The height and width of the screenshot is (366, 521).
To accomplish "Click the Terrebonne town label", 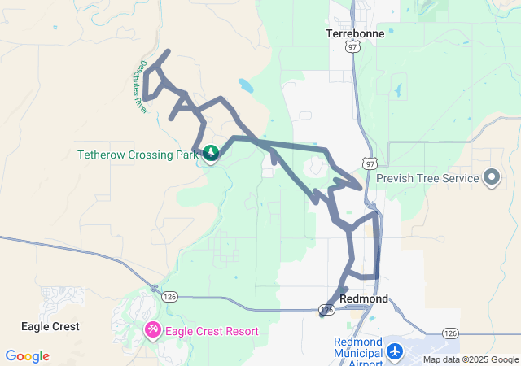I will pyautogui.click(x=354, y=34).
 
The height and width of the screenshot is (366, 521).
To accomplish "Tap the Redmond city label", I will pyautogui.click(x=363, y=298).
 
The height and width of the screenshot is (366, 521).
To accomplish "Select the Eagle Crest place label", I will pyautogui.click(x=50, y=326).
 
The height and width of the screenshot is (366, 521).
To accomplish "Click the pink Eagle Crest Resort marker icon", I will pyautogui.click(x=152, y=330).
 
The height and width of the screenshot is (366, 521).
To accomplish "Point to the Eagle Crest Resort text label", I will pyautogui.click(x=212, y=331).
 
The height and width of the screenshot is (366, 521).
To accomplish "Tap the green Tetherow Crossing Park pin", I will pyautogui.click(x=211, y=153).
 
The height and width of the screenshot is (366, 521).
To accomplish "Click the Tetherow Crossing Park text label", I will pyautogui.click(x=138, y=155).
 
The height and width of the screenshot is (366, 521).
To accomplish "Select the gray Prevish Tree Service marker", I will pyautogui.click(x=492, y=176).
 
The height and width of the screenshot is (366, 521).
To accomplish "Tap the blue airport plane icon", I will pyautogui.click(x=396, y=351).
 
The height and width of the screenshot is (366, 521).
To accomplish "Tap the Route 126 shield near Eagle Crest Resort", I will pyautogui.click(x=169, y=295).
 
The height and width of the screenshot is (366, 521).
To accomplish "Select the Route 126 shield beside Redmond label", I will pyautogui.click(x=326, y=310).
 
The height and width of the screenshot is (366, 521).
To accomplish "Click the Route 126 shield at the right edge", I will pyautogui.click(x=449, y=333).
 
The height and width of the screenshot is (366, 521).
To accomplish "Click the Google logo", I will pyautogui.click(x=27, y=356).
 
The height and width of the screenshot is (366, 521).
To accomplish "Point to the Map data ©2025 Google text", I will pyautogui.click(x=471, y=359).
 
